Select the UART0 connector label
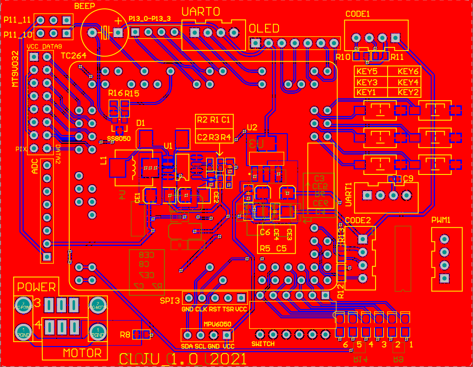pos(201,13)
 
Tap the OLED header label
pos(264,29)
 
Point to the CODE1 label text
pos(357,14)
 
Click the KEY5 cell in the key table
pos(366,71)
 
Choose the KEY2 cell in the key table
pos(408,92)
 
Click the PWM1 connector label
pos(441,219)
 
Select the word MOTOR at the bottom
pos(82,353)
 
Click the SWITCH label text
pos(263,344)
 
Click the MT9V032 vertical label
pos(15,70)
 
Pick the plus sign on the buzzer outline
pos(118,21)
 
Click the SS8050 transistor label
pos(119,139)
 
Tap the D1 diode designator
pos(141,123)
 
